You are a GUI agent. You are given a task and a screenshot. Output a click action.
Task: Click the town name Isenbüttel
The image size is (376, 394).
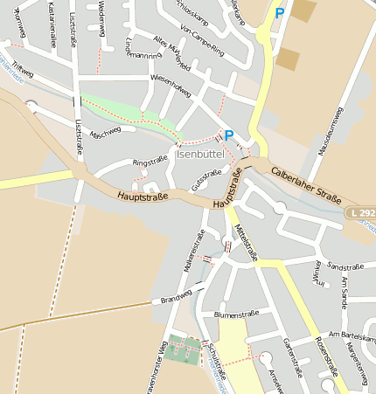199,154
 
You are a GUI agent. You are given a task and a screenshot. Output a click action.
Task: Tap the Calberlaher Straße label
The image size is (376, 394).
305,184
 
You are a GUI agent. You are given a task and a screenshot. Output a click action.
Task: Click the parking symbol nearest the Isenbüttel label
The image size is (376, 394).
228,135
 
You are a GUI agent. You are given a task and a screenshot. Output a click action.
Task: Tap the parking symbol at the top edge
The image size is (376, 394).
280,13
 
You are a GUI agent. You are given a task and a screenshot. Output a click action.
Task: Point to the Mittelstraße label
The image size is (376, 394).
247,241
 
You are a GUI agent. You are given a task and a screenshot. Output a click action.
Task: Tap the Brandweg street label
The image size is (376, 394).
175,300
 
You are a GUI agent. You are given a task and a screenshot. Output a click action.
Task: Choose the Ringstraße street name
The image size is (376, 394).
149,162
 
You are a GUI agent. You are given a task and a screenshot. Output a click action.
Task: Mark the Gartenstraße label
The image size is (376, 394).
292,356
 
